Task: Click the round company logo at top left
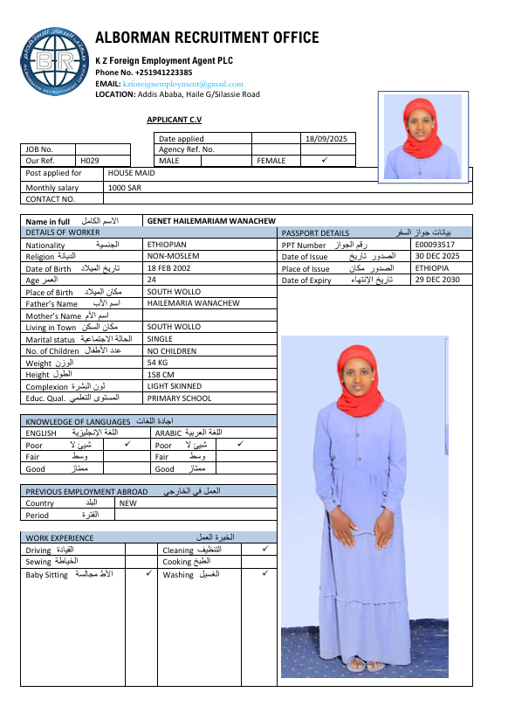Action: pyautogui.click(x=53, y=65)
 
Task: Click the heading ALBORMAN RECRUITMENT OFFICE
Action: pyautogui.click(x=207, y=38)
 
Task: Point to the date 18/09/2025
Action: pyautogui.click(x=326, y=138)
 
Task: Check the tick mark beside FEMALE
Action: pyautogui.click(x=324, y=161)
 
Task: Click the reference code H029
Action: pyautogui.click(x=90, y=161)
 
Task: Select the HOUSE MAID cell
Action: pyautogui.click(x=138, y=173)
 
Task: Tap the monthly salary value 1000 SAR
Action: pyautogui.click(x=125, y=187)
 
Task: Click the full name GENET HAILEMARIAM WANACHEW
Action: pyautogui.click(x=211, y=221)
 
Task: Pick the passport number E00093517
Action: pyautogui.click(x=436, y=245)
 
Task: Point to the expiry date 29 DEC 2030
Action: pyautogui.click(x=436, y=280)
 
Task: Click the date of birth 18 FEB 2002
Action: pyautogui.click(x=169, y=268)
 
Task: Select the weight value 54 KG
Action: pyautogui.click(x=158, y=362)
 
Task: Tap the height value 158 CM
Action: pyautogui.click(x=160, y=374)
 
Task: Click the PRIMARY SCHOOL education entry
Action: pyautogui.click(x=179, y=398)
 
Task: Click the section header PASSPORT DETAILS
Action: pyautogui.click(x=316, y=233)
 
